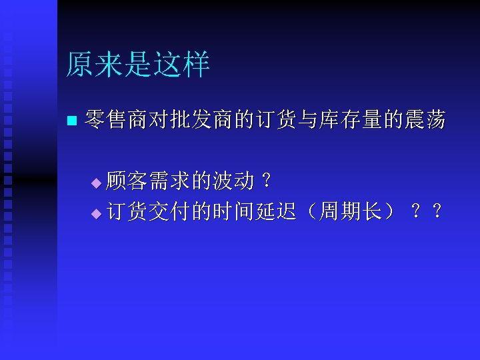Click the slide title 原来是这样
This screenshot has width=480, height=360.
pos(138,65)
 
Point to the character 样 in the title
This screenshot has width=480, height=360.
pos(197,65)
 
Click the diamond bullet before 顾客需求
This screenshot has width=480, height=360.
pos(95,182)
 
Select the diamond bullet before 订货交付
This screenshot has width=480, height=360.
pos(95,214)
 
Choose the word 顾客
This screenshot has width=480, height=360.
pos(128,180)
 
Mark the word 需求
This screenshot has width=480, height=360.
pos(169,180)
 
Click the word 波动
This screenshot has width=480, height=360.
pos(233,180)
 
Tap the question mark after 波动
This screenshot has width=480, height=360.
pos(267,180)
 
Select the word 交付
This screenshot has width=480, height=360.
pos(169,212)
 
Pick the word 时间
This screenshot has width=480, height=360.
pos(233,212)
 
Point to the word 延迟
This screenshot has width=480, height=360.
pos(275,212)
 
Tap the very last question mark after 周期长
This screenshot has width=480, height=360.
pos(437,212)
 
